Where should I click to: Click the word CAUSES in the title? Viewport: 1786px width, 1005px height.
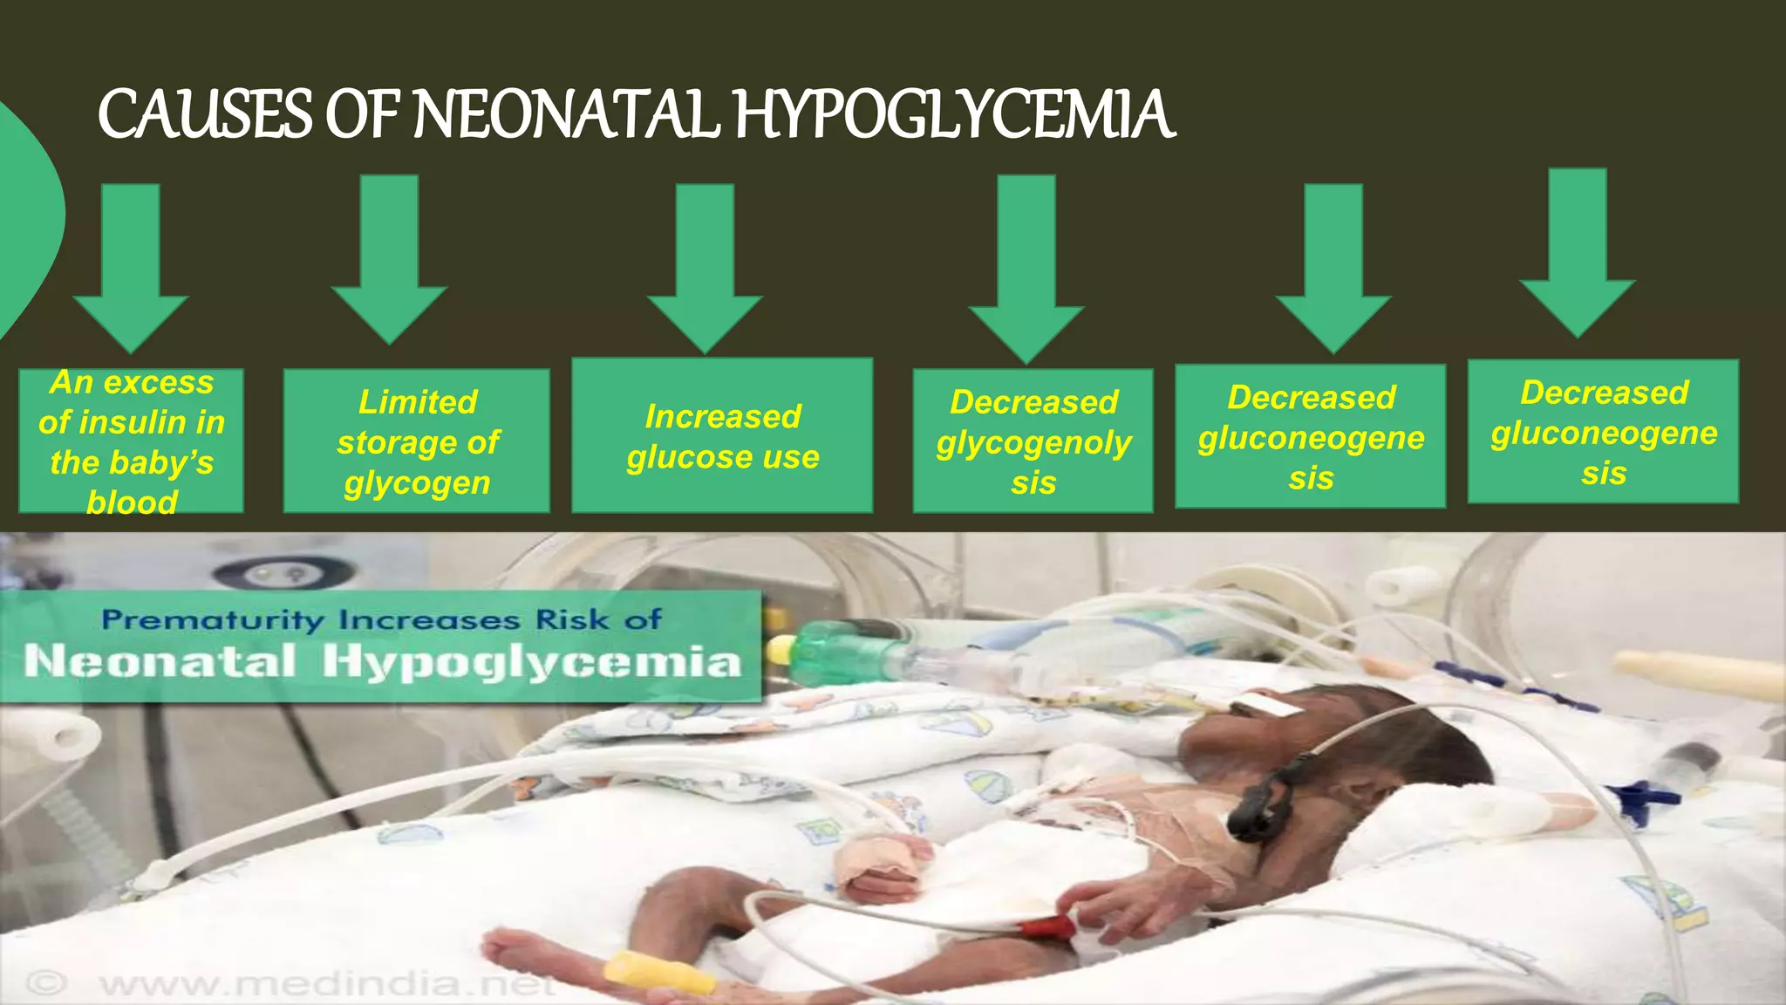[x=205, y=115]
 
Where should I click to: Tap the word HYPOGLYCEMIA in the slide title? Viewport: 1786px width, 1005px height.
[x=955, y=115]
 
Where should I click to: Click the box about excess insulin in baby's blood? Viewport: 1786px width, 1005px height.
[x=131, y=441]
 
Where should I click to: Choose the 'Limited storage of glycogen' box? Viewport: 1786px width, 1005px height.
[x=417, y=441]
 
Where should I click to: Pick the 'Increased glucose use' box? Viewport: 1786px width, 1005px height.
[x=722, y=436]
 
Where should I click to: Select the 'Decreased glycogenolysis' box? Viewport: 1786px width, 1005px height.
[x=1033, y=441]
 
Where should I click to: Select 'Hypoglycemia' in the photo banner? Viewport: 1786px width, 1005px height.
[x=532, y=661]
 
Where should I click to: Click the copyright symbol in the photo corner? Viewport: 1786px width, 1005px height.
[x=45, y=984]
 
